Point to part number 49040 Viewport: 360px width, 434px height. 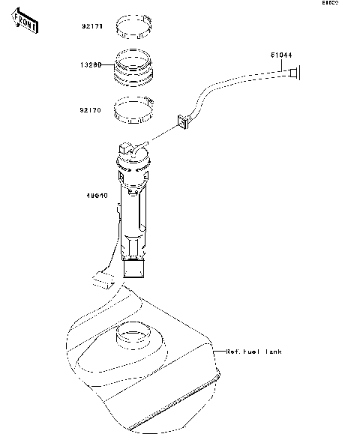(x=97, y=196)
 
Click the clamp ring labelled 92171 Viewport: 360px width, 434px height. (x=136, y=27)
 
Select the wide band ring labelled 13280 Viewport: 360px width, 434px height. (x=135, y=65)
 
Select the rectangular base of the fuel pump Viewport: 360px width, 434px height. (x=135, y=269)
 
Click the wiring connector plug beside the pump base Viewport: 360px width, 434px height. (x=101, y=281)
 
